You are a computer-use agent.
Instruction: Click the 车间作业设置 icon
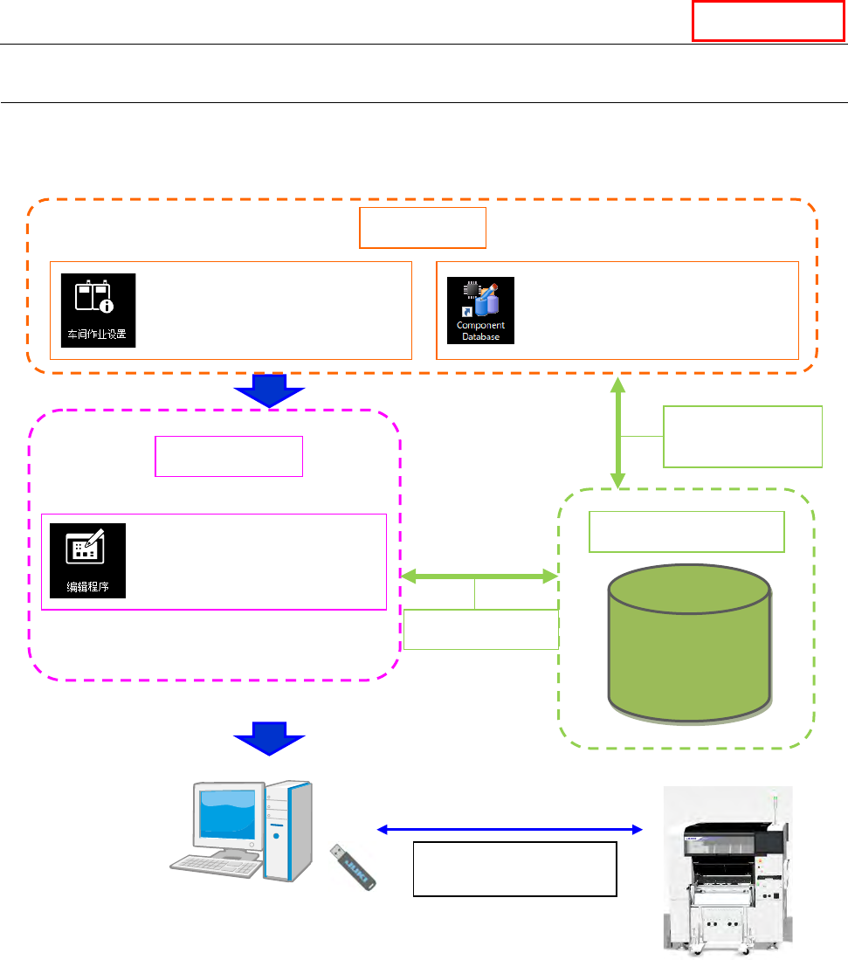98,310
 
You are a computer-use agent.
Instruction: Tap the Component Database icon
480,310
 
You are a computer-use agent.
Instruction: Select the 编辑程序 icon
87,560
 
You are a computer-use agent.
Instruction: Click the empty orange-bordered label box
423,228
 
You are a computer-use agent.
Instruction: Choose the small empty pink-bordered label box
229,456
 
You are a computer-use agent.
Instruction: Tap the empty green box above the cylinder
686,532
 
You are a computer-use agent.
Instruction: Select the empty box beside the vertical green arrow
742,436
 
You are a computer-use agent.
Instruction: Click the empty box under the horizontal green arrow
480,630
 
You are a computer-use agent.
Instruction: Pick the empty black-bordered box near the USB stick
514,869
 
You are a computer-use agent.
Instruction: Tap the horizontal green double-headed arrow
479,576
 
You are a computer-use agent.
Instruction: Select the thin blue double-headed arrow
510,829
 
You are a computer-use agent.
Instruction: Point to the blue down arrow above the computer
269,739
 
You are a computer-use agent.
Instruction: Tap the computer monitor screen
227,814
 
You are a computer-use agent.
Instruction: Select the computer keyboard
214,866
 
